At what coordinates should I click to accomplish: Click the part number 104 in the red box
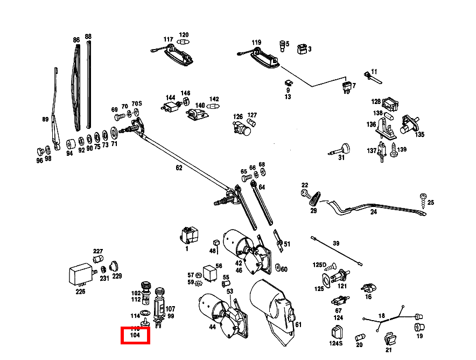pyautogui.click(x=135, y=335)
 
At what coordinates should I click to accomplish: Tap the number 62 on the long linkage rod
pyautogui.click(x=179, y=168)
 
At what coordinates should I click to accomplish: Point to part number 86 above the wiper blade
pyautogui.click(x=76, y=40)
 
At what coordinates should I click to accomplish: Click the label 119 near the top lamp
pyautogui.click(x=256, y=43)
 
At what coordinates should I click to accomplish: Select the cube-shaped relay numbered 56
pyautogui.click(x=209, y=271)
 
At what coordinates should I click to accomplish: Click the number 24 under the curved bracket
pyautogui.click(x=373, y=212)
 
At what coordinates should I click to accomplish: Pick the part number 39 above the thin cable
pyautogui.click(x=336, y=243)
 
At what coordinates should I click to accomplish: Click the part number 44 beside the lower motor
pyautogui.click(x=212, y=327)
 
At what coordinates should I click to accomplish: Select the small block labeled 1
pyautogui.click(x=190, y=236)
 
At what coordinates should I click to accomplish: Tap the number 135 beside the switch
pyautogui.click(x=419, y=135)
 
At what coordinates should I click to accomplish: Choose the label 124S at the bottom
pyautogui.click(x=336, y=343)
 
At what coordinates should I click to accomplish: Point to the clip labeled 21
pyautogui.click(x=390, y=340)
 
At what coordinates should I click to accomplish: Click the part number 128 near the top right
pyautogui.click(x=376, y=101)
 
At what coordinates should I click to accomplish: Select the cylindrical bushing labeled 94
pyautogui.click(x=70, y=145)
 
